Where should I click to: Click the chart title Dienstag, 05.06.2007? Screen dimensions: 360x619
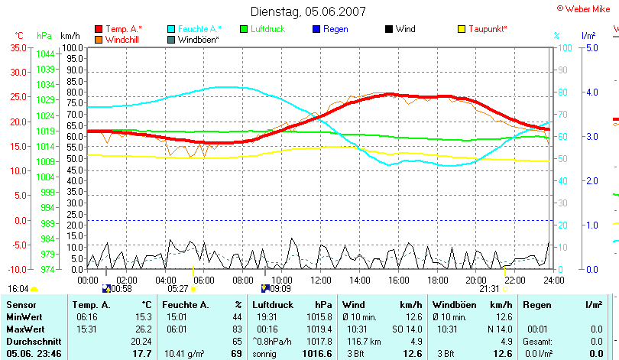(308, 11)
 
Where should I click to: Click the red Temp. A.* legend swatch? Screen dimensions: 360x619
(98, 29)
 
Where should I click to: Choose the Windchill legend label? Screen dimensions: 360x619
(122, 39)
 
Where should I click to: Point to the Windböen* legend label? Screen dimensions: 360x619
(198, 39)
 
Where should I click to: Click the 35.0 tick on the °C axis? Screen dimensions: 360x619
(18, 47)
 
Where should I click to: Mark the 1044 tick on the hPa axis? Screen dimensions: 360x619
(45, 54)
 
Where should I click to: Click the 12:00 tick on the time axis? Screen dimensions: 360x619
(321, 281)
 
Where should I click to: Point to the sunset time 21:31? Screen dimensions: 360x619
(488, 289)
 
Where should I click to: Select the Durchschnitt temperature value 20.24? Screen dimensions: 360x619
(141, 341)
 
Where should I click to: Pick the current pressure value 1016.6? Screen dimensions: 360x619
(319, 354)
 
